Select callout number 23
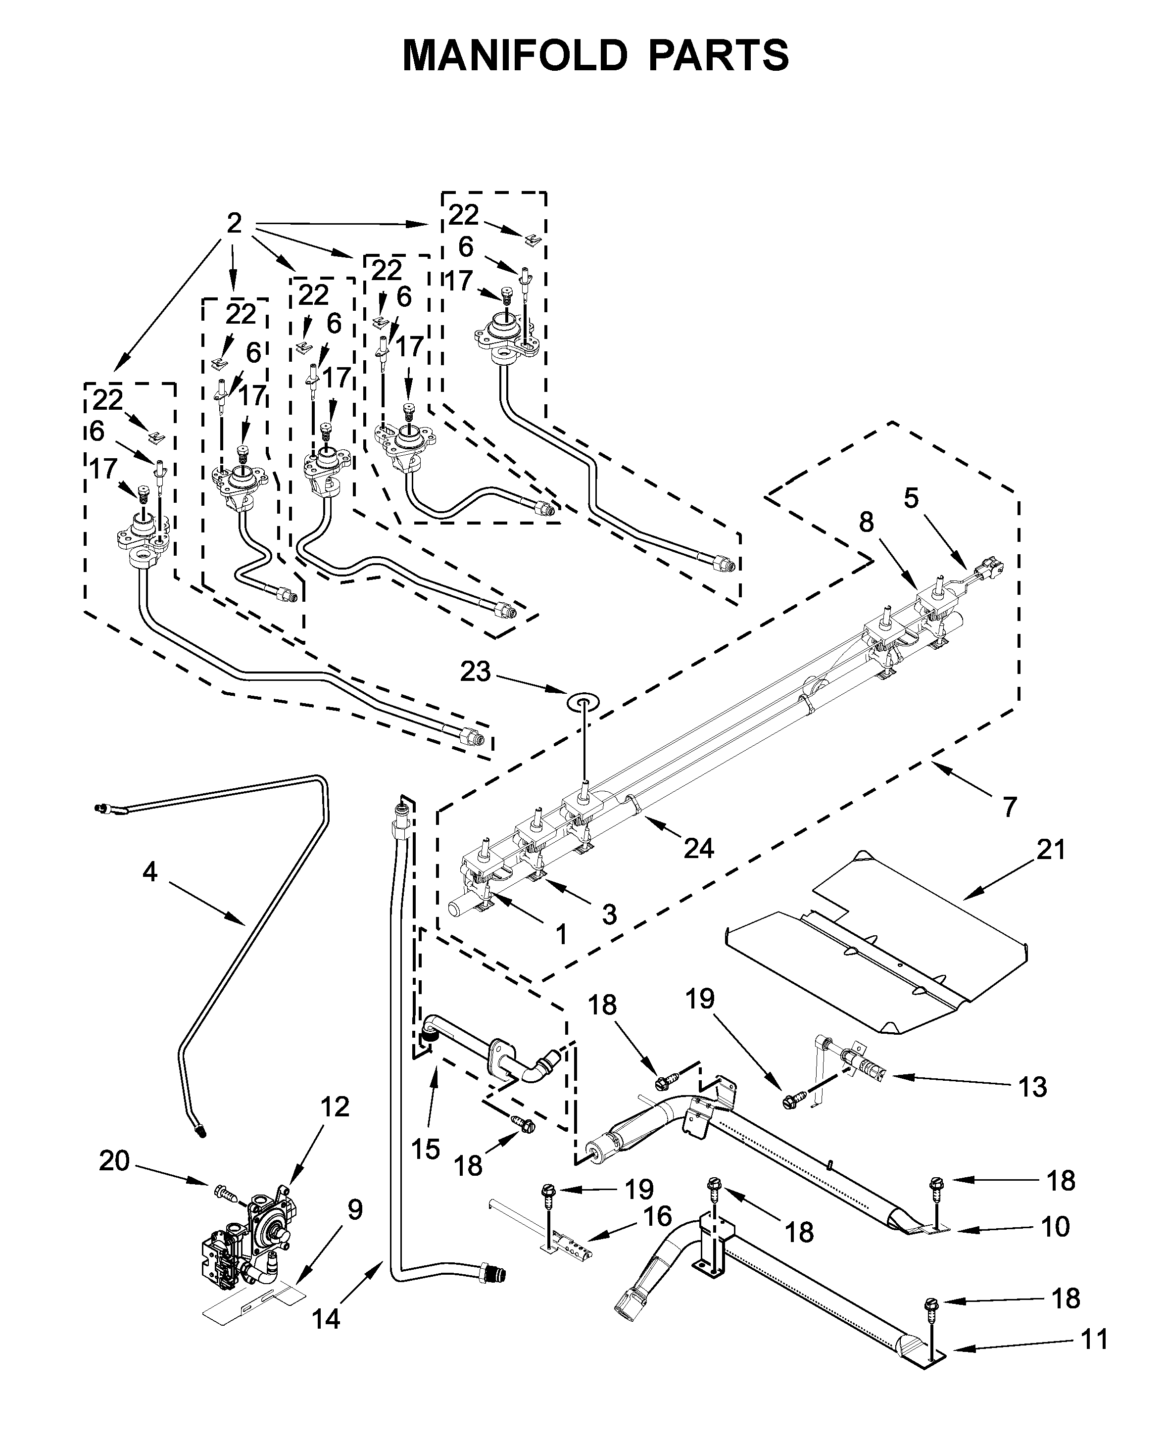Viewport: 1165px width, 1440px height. [x=476, y=671]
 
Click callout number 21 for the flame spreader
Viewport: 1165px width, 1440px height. [x=1051, y=850]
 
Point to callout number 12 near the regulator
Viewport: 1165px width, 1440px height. [x=334, y=1107]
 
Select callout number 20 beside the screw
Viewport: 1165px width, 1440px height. [x=114, y=1161]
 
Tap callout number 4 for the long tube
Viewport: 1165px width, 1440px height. [x=149, y=872]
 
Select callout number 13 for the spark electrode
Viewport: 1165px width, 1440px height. [x=1032, y=1086]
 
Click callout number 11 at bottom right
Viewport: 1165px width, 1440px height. [x=1094, y=1340]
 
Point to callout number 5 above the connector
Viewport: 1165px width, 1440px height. [x=911, y=499]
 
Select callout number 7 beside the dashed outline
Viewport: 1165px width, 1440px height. [x=1010, y=807]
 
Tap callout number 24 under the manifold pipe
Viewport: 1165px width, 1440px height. [x=698, y=849]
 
